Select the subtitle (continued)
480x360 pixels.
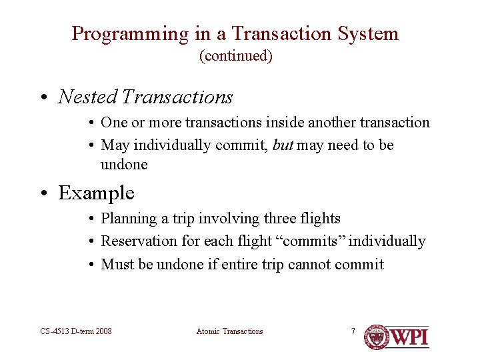coord(236,56)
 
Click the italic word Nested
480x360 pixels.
coord(87,97)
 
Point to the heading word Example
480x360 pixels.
coord(96,193)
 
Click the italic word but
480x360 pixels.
coord(283,145)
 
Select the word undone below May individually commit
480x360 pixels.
coord(124,164)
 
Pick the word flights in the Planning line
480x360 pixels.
coord(317,219)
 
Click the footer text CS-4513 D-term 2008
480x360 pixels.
coord(75,331)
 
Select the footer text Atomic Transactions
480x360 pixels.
coord(230,331)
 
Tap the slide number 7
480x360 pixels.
coord(353,331)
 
